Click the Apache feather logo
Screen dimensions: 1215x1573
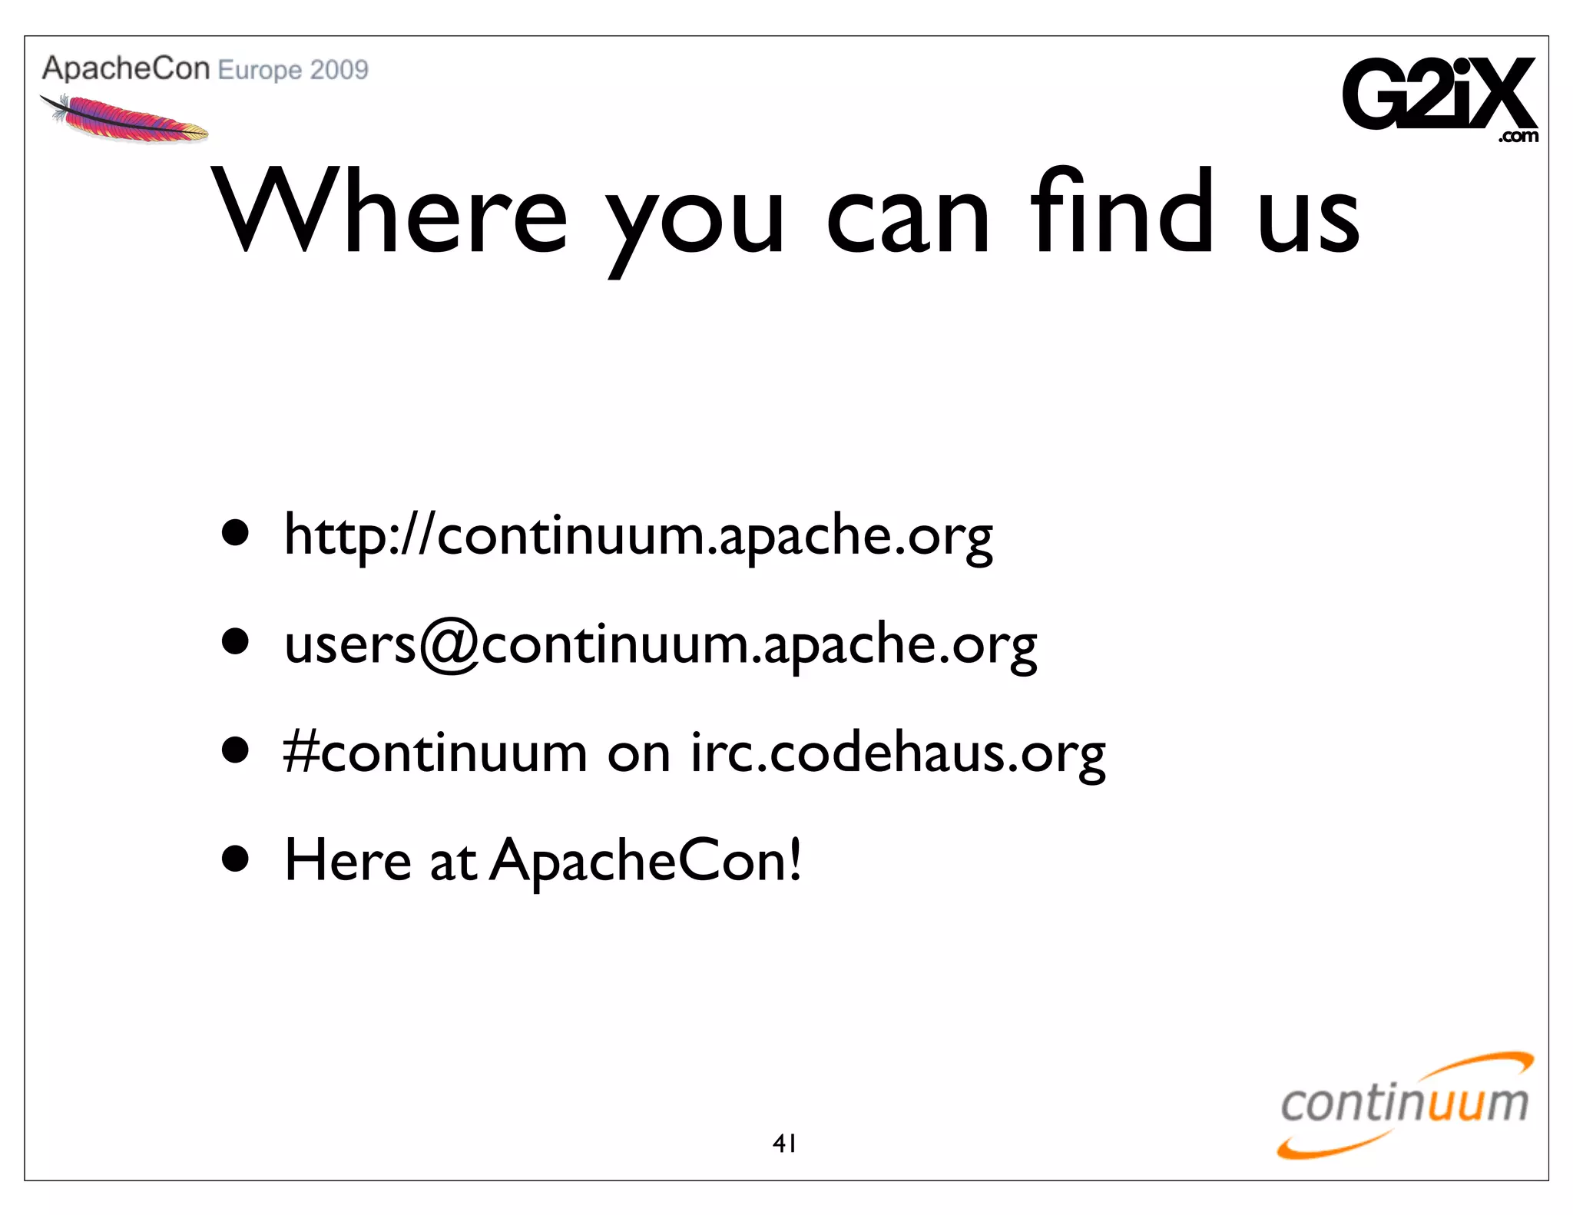tap(124, 119)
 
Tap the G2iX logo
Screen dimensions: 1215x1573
tap(1439, 95)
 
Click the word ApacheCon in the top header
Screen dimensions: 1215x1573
tap(126, 69)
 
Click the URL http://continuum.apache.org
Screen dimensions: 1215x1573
tap(637, 535)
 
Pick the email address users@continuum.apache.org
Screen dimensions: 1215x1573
tap(661, 644)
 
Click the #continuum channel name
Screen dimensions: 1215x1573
tap(435, 753)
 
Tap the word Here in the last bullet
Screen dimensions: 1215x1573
tap(348, 860)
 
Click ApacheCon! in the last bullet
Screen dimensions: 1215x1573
tap(645, 861)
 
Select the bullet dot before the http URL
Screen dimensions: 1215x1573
tap(235, 533)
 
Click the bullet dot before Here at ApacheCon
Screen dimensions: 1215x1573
tap(235, 859)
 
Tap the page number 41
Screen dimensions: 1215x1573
tap(784, 1144)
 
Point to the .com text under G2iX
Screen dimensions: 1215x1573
tap(1518, 137)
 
